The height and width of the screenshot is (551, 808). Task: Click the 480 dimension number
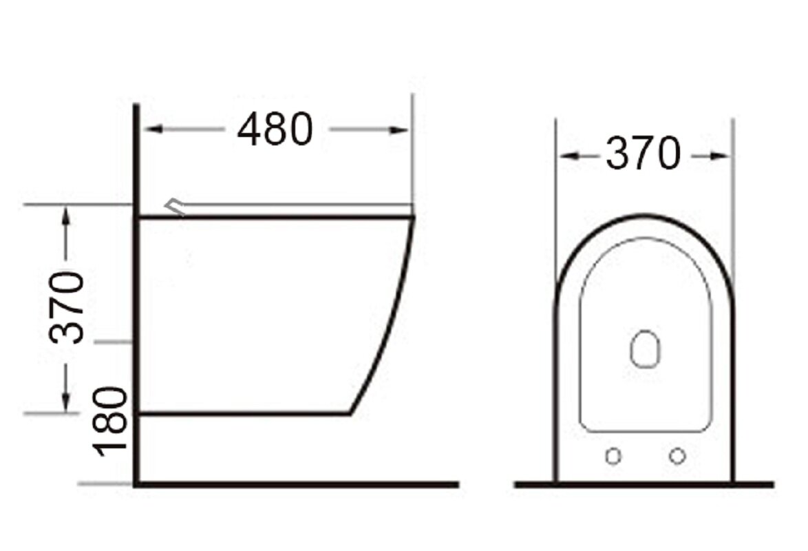[275, 129]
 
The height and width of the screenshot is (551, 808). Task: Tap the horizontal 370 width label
[643, 153]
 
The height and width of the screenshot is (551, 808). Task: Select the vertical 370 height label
[67, 307]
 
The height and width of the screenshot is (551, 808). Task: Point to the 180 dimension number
[109, 422]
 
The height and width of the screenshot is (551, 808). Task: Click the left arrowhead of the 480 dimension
[153, 129]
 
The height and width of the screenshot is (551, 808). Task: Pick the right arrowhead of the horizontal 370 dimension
[720, 155]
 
